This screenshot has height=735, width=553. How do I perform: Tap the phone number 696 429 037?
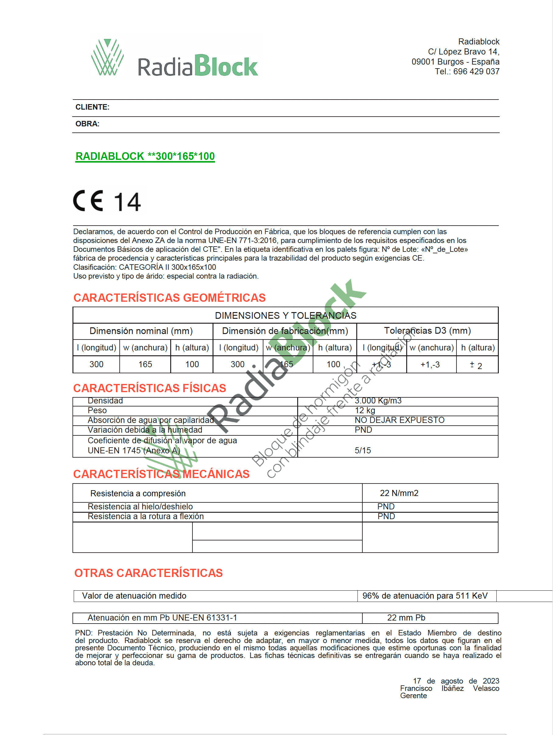(476, 72)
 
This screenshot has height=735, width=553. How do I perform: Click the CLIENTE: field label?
(92, 107)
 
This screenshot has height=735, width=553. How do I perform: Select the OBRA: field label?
(87, 124)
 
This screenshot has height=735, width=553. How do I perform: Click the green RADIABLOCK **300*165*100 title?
(145, 156)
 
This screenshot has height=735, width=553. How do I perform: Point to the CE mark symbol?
(88, 201)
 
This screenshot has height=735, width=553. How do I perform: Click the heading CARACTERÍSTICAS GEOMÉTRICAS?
(170, 298)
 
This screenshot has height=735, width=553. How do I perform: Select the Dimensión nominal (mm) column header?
(141, 331)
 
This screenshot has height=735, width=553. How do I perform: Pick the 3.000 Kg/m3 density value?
(378, 401)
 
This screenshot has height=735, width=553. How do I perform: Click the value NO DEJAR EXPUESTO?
(400, 420)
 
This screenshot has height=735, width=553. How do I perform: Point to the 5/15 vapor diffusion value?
(363, 450)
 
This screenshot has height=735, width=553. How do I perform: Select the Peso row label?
(97, 410)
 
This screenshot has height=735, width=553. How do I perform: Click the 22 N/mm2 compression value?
(399, 493)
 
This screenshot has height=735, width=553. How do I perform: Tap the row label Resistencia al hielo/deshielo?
(140, 506)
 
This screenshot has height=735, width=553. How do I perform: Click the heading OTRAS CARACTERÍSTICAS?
(149, 573)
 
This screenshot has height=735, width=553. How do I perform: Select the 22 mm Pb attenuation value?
(406, 618)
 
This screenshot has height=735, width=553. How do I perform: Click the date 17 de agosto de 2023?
(456, 681)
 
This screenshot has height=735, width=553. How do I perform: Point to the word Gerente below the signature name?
(414, 695)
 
